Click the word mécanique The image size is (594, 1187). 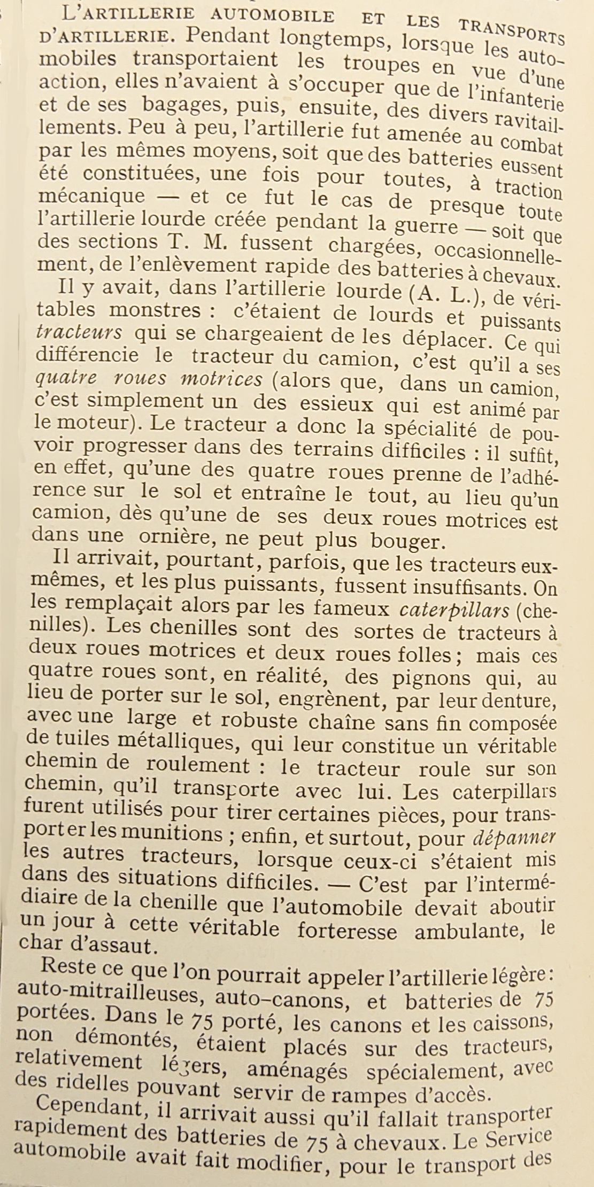[x=92, y=197]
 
